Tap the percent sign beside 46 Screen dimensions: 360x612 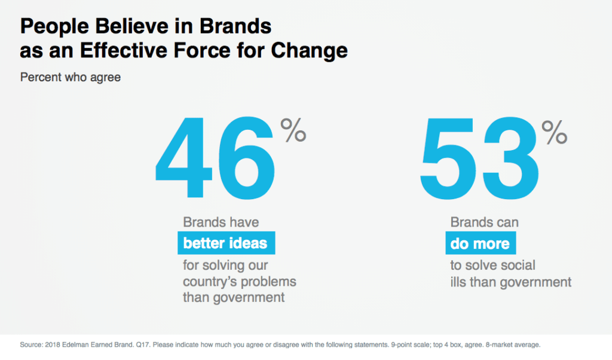click(293, 131)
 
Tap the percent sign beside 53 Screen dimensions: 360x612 click(554, 132)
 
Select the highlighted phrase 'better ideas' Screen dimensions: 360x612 click(226, 243)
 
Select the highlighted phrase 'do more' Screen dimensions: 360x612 click(481, 243)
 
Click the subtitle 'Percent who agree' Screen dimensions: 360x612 click(71, 78)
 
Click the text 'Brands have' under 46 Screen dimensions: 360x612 click(221, 222)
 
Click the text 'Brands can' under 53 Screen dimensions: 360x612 click(484, 222)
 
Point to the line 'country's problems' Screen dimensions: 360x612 click(239, 281)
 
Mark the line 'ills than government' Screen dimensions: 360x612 click(511, 282)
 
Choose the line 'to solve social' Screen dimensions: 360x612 click(492, 265)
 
